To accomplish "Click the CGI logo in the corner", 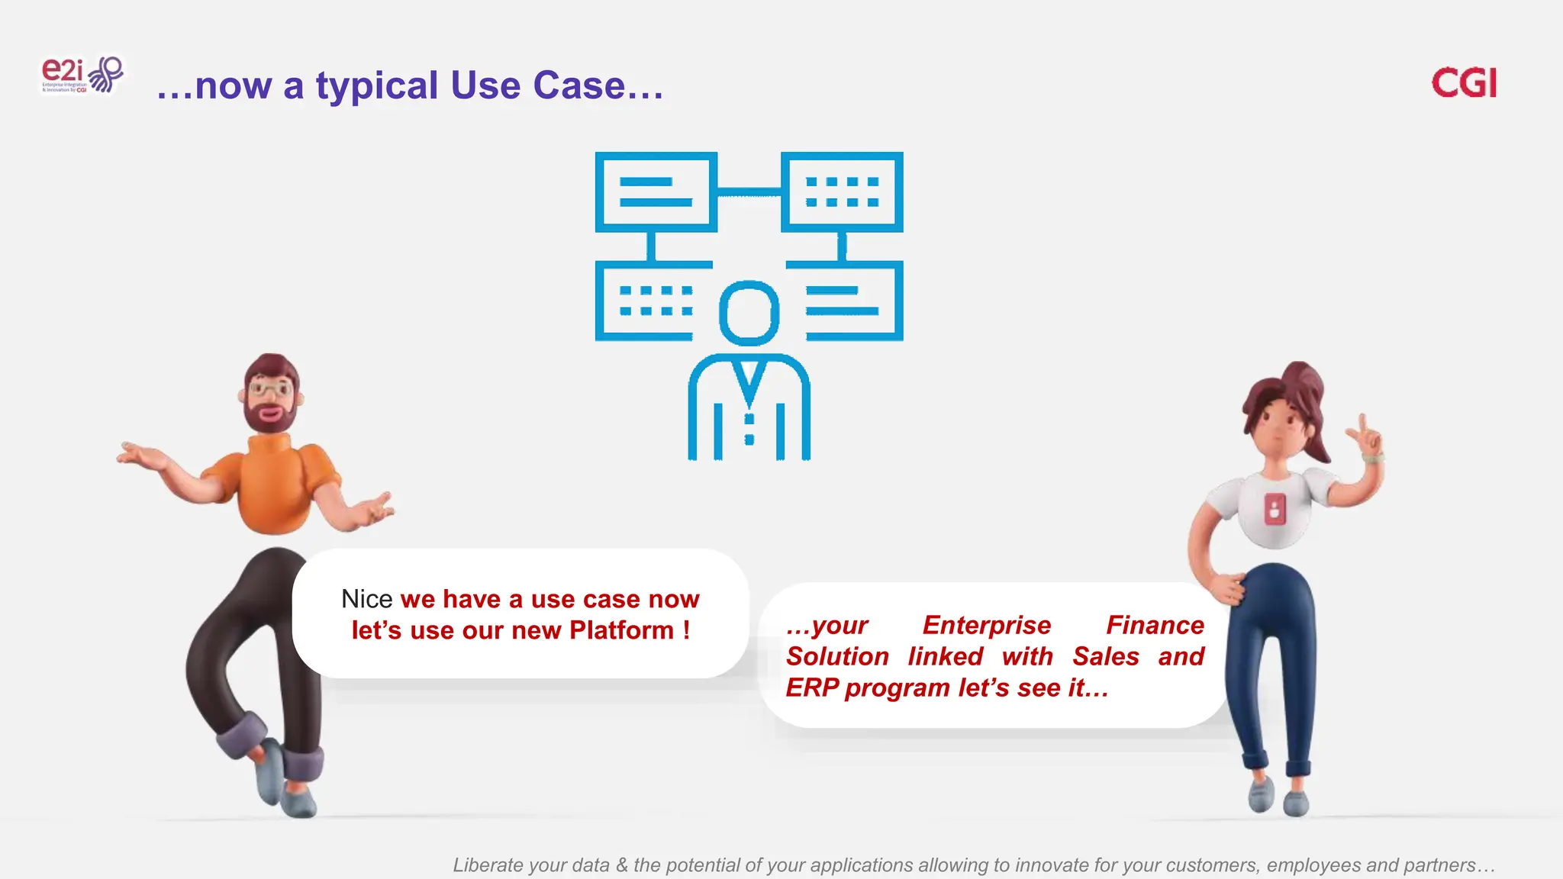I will [1463, 83].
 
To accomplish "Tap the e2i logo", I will [81, 75].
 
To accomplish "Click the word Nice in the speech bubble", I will [366, 599].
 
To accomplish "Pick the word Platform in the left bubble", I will [621, 631].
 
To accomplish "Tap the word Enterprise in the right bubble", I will [986, 626].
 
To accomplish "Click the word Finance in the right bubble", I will [1154, 626].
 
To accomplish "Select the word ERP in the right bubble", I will [812, 688].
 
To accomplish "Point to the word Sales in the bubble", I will [1105, 657].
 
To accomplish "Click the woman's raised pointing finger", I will [1363, 424].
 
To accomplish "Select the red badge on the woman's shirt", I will [1275, 509].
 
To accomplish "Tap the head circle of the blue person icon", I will [749, 313].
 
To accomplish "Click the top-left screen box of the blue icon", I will [656, 192].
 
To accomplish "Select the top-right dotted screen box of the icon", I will [842, 192].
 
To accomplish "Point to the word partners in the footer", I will [1445, 865].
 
